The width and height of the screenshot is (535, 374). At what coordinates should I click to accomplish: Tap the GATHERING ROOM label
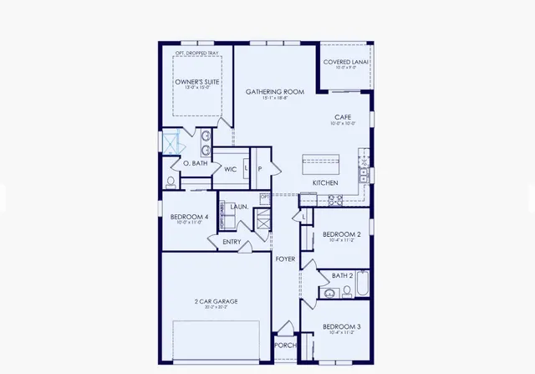pyautogui.click(x=274, y=91)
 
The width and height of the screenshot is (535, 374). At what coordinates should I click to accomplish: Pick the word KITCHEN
pyautogui.click(x=324, y=182)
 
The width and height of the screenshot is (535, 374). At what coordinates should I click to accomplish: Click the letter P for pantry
pyautogui.click(x=260, y=169)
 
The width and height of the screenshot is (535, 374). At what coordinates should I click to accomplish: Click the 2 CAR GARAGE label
pyautogui.click(x=217, y=300)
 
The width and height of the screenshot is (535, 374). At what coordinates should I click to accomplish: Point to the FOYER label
pyautogui.click(x=286, y=259)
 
